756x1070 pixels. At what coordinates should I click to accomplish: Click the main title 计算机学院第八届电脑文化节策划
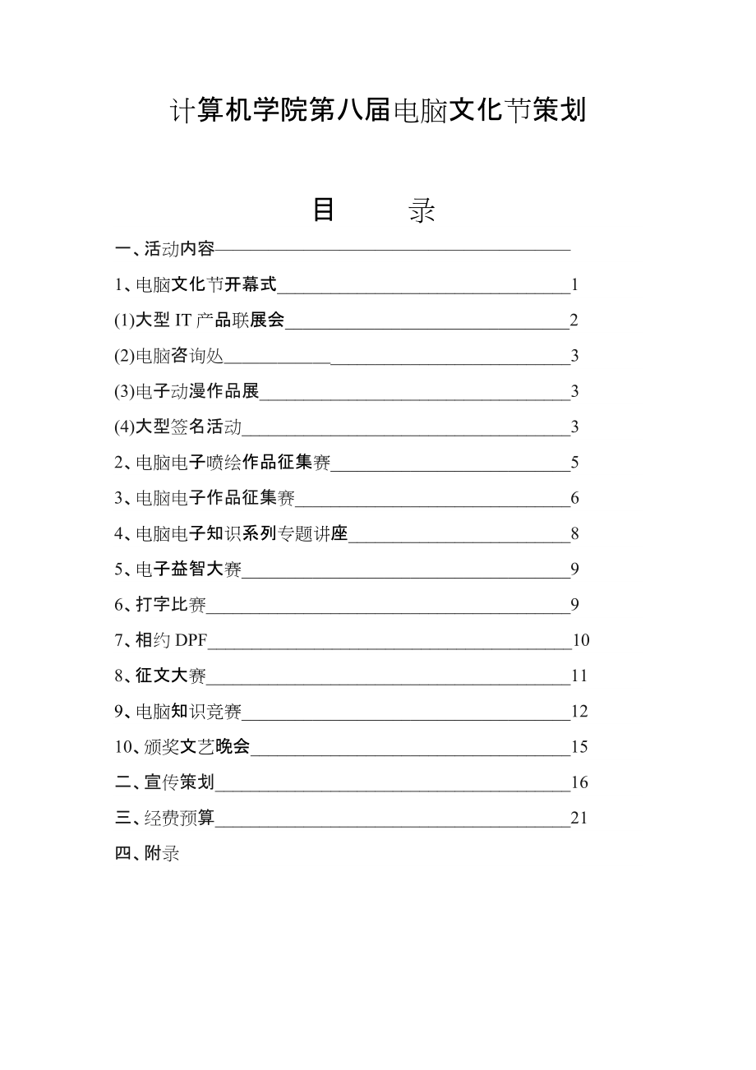(377, 110)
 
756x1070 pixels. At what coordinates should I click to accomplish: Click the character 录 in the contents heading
(422, 210)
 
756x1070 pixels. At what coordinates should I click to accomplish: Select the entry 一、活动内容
(165, 249)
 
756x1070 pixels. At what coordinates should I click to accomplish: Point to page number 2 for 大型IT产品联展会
(574, 321)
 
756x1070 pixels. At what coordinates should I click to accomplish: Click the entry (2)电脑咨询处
(169, 356)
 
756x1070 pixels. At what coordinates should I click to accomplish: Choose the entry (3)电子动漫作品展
(187, 391)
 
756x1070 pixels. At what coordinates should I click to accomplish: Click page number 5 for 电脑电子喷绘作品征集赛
(574, 463)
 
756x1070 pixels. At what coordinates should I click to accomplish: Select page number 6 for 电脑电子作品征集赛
(574, 498)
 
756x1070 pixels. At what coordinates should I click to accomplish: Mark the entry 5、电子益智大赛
(178, 569)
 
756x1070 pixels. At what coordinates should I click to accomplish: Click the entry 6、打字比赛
(160, 605)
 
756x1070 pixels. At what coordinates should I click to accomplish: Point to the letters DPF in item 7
(191, 640)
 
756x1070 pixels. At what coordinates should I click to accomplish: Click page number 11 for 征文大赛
(579, 676)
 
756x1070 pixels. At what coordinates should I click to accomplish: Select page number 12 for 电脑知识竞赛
(579, 711)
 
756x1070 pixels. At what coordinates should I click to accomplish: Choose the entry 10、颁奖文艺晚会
(182, 746)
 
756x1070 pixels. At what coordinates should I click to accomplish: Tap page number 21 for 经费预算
(579, 818)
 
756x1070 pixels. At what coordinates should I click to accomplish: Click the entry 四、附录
(147, 853)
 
